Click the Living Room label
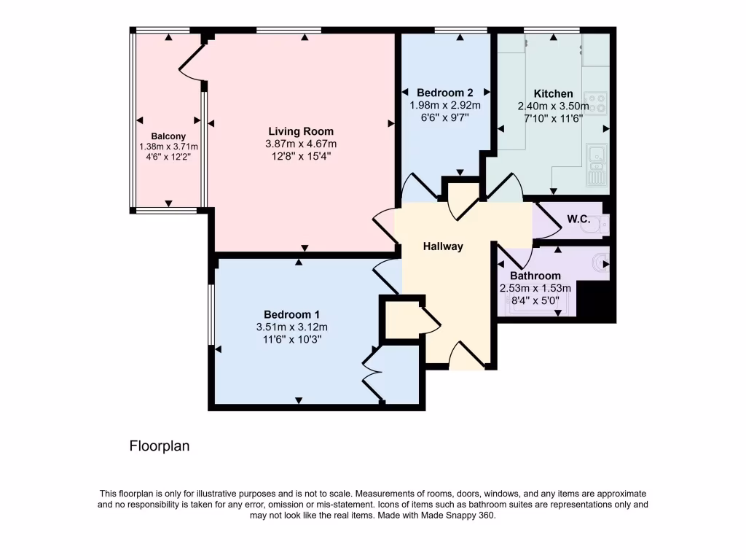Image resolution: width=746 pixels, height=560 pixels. (301, 131)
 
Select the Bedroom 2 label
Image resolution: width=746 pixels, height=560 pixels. (445, 93)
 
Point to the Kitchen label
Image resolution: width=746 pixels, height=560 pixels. (554, 93)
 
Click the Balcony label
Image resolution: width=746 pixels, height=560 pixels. (168, 136)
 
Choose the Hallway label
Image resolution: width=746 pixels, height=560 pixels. (443, 246)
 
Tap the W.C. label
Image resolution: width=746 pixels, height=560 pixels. (578, 219)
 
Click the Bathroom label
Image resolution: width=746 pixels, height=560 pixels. (535, 276)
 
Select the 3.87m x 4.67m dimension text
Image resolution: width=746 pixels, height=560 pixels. (301, 144)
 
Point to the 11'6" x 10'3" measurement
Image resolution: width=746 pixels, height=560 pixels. (291, 339)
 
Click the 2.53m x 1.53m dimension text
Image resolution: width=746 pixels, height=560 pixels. (535, 288)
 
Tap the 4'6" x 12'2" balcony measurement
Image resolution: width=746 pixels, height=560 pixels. (168, 157)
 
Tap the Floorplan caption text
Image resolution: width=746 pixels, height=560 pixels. (160, 446)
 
